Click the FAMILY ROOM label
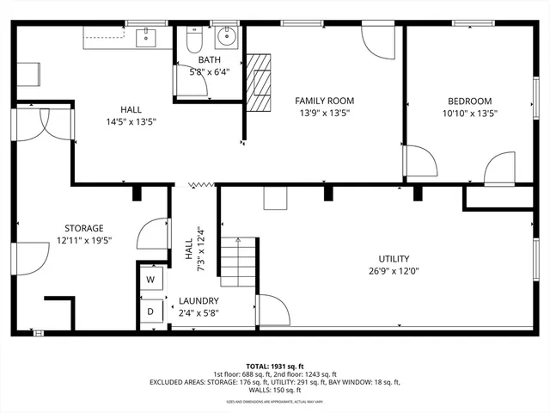tap(325, 101)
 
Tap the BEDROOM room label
tap(469, 101)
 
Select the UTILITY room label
tap(394, 258)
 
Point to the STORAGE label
tap(84, 228)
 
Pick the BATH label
tap(210, 60)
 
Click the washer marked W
tap(150, 280)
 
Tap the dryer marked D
tap(150, 311)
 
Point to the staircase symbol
tap(238, 262)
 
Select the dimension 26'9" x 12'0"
tap(394, 270)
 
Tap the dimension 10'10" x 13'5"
tap(469, 113)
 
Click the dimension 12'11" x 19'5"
tap(84, 240)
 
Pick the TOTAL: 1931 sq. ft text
tap(275, 366)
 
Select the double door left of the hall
tap(31, 127)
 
